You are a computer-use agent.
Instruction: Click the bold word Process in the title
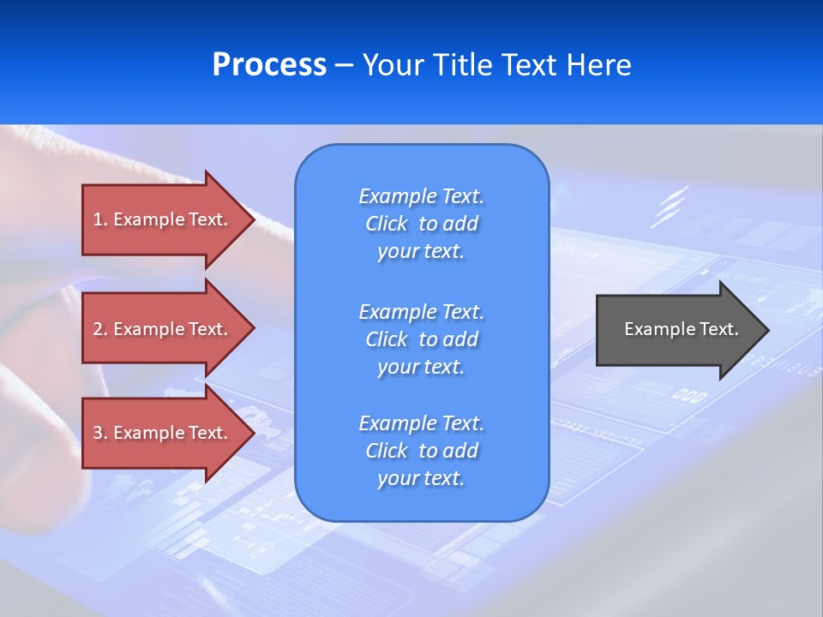pos(269,65)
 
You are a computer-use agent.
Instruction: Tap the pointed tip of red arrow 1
pos(252,219)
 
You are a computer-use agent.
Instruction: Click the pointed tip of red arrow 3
pos(252,433)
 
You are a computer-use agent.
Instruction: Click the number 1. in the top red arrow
pos(100,219)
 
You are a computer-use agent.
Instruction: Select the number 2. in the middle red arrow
pos(100,329)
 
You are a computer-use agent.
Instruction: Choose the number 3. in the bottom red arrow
pos(100,433)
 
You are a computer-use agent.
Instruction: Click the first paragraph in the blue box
pos(421,224)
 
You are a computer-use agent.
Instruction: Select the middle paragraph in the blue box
pos(421,338)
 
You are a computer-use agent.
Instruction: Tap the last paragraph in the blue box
pos(421,451)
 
